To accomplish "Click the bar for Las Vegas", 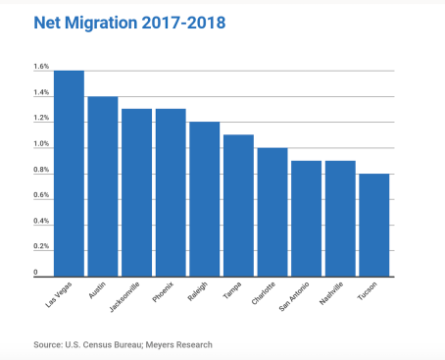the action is click(69, 174).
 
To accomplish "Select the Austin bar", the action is click(103, 186).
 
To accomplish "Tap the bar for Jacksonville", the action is click(137, 193).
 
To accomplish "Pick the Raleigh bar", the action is click(205, 199).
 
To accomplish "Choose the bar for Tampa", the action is click(238, 206).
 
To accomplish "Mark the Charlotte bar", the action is click(272, 212).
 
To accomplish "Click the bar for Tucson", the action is click(374, 226).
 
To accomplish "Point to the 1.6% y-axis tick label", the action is click(41, 67).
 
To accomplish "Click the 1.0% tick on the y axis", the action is click(41, 143).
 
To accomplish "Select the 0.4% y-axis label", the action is click(41, 221).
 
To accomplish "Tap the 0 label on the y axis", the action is click(35, 272).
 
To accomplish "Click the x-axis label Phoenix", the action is click(163, 292).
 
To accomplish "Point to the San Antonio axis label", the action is click(294, 296).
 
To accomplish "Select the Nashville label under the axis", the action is click(331, 293).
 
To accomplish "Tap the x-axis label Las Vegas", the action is click(59, 295).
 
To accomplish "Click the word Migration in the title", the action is click(101, 23).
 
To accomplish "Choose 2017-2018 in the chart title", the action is click(183, 23).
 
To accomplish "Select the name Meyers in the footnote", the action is click(159, 345).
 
